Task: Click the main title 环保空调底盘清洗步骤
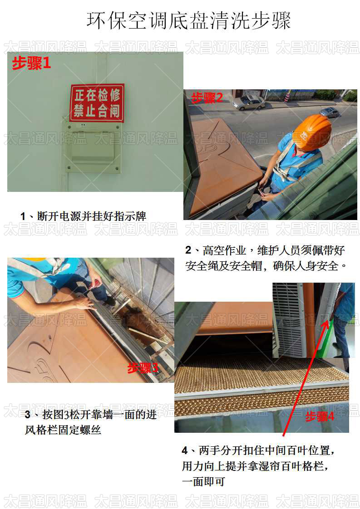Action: [x=188, y=21]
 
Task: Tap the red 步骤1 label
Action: [x=31, y=64]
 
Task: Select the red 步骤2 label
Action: [x=207, y=98]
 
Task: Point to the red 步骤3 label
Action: [x=143, y=367]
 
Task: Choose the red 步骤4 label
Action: [x=320, y=416]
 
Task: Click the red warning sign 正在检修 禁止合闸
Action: [x=97, y=103]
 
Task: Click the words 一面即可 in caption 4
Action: [x=203, y=481]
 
